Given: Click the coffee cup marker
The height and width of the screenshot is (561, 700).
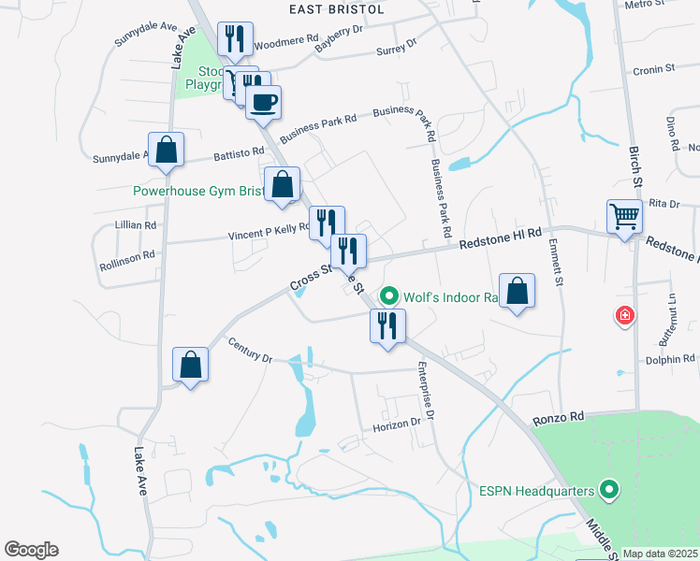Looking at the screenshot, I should [x=263, y=100].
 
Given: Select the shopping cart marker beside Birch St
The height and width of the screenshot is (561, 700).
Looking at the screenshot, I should [x=624, y=217].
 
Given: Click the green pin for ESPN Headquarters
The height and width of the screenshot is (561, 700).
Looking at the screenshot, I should [x=611, y=489].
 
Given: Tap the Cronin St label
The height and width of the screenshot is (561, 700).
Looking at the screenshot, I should [x=653, y=70].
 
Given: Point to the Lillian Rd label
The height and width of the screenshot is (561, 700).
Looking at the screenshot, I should [x=136, y=225].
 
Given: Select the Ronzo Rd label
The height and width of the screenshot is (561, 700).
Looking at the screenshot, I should [x=559, y=417].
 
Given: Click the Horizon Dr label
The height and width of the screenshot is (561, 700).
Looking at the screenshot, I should [x=399, y=423].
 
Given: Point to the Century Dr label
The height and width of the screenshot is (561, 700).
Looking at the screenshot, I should [x=249, y=352].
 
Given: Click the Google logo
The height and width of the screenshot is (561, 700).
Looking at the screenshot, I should [x=31, y=550].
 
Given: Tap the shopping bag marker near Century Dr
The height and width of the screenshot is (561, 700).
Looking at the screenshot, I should [x=191, y=366].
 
